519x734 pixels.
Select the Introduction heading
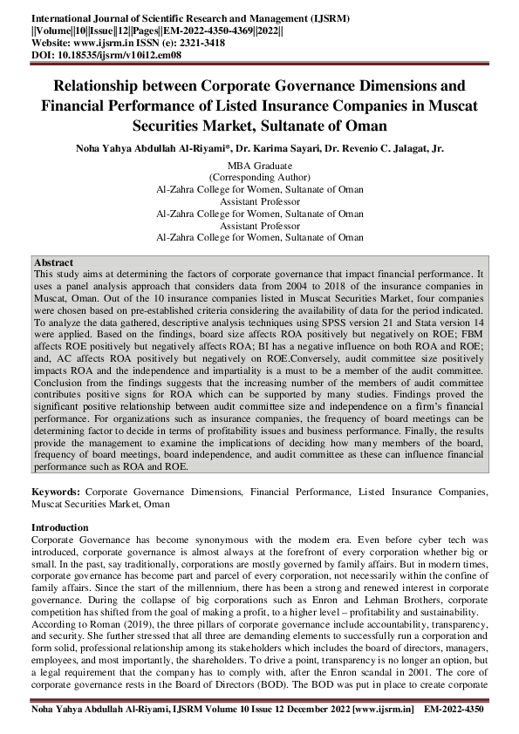point(60,527)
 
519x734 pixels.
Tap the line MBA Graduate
point(259,166)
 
